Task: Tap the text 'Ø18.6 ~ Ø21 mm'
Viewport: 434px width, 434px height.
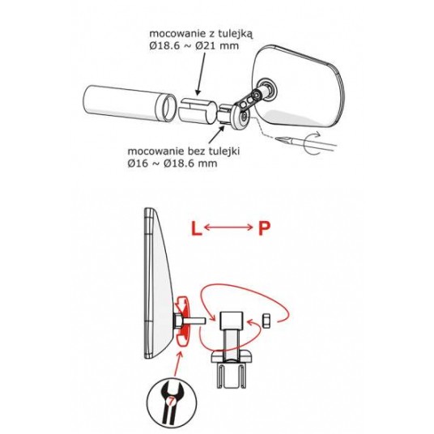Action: coord(194,45)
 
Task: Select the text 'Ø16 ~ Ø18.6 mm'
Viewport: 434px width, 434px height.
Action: coord(172,164)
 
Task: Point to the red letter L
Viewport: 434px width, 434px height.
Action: coord(196,228)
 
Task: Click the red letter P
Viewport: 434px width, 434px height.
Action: coord(264,228)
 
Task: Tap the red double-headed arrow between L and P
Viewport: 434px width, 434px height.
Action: coord(228,228)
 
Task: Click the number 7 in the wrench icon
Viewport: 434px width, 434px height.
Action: coord(172,401)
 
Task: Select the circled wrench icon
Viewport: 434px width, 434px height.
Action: coord(172,402)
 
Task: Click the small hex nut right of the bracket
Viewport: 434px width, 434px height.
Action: coord(266,320)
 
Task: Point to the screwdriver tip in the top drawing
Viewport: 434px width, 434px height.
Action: coord(278,138)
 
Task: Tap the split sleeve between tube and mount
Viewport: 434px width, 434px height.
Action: coord(197,110)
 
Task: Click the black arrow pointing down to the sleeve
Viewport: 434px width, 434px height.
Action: coord(201,74)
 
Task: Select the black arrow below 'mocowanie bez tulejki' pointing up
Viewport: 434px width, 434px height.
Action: coord(216,134)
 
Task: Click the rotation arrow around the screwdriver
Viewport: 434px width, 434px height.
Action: coord(313,143)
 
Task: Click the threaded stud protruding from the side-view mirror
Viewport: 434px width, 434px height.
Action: coord(194,321)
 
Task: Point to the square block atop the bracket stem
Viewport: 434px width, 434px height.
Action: coord(232,321)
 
